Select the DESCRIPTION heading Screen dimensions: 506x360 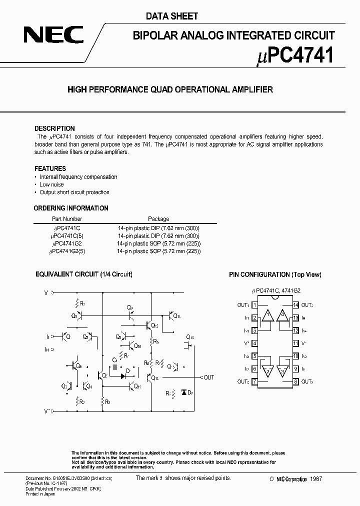pyautogui.click(x=54, y=128)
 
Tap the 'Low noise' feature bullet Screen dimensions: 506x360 pyautogui.click(x=51, y=184)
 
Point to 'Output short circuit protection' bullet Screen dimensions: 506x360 pyautogui.click(x=74, y=192)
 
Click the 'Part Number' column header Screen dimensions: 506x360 pyautogui.click(x=67, y=219)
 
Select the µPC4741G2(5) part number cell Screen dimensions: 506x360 pyautogui.click(x=68, y=251)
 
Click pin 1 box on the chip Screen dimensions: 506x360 pyautogui.click(x=255, y=305)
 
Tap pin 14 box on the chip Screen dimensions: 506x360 pyautogui.click(x=295, y=305)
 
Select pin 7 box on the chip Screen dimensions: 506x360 pyautogui.click(x=255, y=382)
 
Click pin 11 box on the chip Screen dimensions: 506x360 pyautogui.click(x=295, y=343)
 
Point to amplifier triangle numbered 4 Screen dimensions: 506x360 pyautogui.click(x=282, y=315)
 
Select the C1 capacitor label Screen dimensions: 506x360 pyautogui.click(x=114, y=359)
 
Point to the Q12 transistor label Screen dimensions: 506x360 pyautogui.click(x=154, y=326)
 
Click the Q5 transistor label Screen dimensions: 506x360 pyautogui.click(x=74, y=316)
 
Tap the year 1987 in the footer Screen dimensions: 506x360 pyautogui.click(x=315, y=479)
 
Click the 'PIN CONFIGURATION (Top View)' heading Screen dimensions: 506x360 pyautogui.click(x=275, y=275)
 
